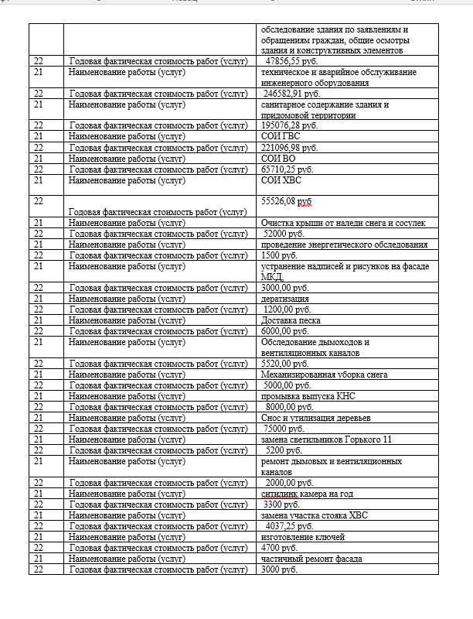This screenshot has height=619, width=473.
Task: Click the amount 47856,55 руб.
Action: pos(291,60)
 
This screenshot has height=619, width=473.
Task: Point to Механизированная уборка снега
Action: pos(324,374)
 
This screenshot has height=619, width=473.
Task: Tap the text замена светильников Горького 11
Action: pos(326,439)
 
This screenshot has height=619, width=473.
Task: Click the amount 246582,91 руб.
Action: pos(291,93)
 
